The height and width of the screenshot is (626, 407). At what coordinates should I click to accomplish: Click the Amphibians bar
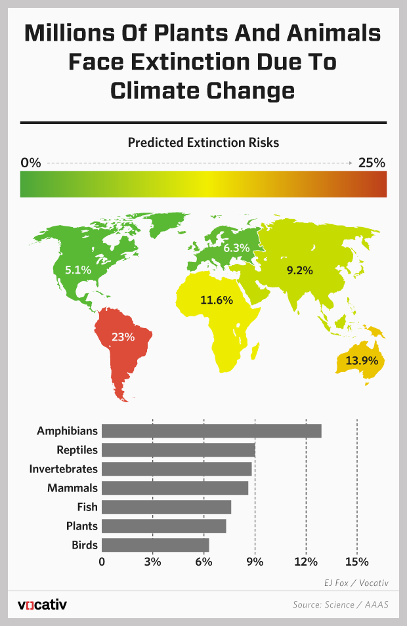coord(211,430)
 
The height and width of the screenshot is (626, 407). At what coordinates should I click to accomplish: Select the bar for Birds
coord(156,545)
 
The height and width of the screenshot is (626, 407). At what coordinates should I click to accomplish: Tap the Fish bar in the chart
coord(167,507)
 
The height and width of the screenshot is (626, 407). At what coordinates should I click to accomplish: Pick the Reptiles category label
coord(77,450)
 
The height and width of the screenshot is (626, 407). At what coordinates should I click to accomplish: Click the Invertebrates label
coord(64,469)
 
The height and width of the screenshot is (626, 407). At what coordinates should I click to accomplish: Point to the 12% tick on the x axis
coord(306,562)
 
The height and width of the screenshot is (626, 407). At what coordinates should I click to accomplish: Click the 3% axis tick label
coord(152,562)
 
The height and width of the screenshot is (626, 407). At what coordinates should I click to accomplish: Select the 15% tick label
coord(356,562)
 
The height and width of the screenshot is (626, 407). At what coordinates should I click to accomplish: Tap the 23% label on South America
coord(123,337)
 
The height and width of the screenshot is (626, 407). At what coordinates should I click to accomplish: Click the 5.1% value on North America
coord(79,269)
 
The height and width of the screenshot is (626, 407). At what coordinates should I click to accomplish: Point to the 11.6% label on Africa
coord(217,301)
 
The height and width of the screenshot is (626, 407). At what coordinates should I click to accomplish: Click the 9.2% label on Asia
coord(299,270)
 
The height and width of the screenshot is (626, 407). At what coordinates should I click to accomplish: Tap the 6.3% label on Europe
coord(236,248)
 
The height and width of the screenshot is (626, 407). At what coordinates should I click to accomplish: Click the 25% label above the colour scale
coord(372,163)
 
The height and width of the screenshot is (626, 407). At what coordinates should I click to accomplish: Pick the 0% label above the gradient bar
coord(31,163)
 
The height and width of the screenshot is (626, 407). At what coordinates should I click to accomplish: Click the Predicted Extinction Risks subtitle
coord(203,142)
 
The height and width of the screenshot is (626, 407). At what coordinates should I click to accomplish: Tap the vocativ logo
coord(42,604)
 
